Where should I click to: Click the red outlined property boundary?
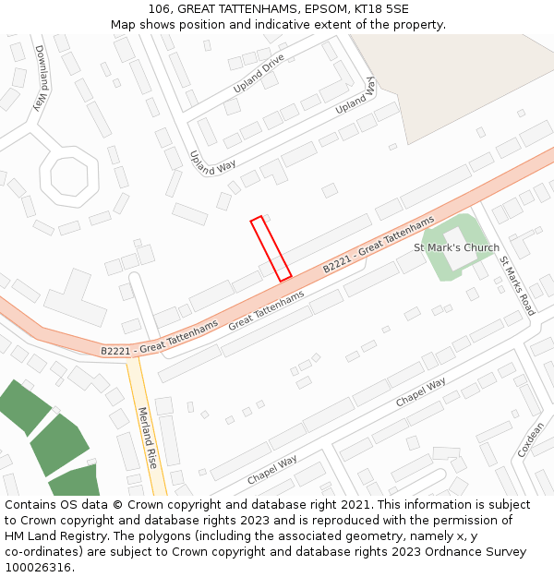(x=271, y=248)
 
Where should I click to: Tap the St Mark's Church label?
(x=456, y=247)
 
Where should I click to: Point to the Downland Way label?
(x=40, y=78)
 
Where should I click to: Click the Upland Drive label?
(x=259, y=73)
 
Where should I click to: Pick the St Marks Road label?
(x=517, y=286)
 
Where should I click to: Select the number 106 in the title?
(x=159, y=8)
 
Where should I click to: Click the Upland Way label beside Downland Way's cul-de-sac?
(x=212, y=162)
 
